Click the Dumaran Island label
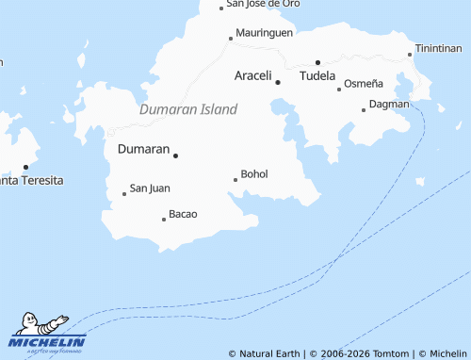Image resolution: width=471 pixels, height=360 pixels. click(x=188, y=109)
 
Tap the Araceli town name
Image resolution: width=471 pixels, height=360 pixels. click(x=252, y=74)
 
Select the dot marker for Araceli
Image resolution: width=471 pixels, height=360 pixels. click(x=278, y=82)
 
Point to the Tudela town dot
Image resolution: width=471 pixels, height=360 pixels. click(x=317, y=62)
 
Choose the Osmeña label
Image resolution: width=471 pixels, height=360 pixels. click(x=364, y=84)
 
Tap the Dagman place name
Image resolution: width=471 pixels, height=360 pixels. click(x=389, y=104)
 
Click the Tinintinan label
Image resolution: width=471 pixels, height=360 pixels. click(x=439, y=48)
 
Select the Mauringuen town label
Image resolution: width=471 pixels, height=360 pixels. click(x=264, y=32)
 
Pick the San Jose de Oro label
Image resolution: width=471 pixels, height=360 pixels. click(x=263, y=4)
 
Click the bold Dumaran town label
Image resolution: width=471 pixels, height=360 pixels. click(x=143, y=149)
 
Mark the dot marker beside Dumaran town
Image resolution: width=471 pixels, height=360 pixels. click(x=175, y=155)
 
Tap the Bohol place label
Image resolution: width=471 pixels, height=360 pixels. click(x=254, y=174)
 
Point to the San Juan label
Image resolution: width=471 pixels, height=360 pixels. click(x=150, y=188)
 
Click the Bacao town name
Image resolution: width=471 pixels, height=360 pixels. click(x=183, y=214)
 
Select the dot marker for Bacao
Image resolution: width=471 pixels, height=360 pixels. click(x=164, y=220)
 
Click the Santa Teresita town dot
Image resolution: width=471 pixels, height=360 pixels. click(x=25, y=167)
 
